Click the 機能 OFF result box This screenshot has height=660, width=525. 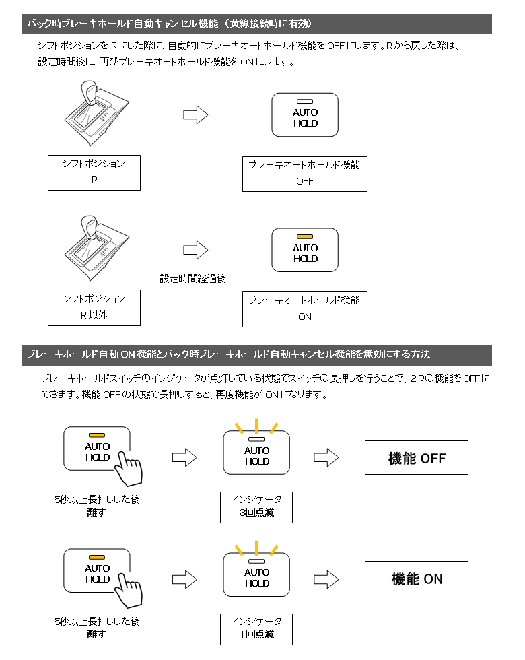coord(416,458)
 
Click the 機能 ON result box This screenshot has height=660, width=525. coord(416,579)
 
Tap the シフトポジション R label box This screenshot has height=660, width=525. coord(94,172)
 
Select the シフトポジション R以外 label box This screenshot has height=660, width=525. coord(94,308)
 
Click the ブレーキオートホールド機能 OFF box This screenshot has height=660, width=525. coord(305,173)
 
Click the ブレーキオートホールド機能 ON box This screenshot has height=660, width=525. coord(305,308)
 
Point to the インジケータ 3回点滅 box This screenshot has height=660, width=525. coord(256,506)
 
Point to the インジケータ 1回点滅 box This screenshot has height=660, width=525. coord(256,628)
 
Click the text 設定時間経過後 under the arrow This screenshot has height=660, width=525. coord(193,277)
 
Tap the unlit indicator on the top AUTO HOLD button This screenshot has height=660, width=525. coord(305,101)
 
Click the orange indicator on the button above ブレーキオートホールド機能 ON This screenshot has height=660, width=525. coord(305,236)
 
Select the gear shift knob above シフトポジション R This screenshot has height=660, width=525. coord(91,94)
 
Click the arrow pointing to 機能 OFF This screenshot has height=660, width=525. coord(326,458)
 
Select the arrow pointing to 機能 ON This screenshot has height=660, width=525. coord(326,579)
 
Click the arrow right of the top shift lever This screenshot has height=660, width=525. coord(195,115)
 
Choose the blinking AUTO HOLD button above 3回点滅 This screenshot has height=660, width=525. coord(256,453)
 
